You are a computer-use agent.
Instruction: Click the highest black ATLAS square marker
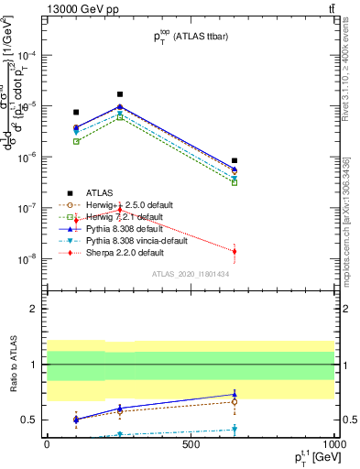120,94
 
